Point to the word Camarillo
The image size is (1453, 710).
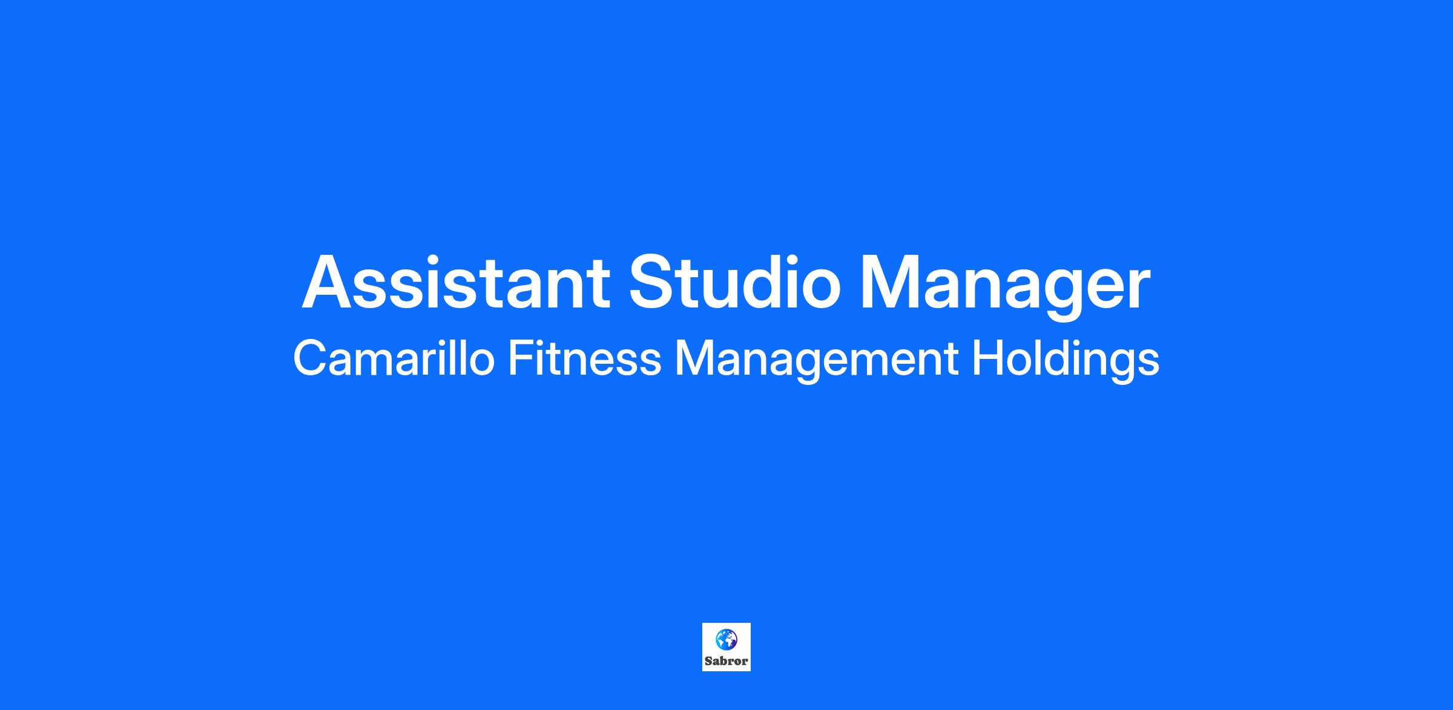click(x=394, y=358)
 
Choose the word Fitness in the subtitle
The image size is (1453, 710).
click(x=585, y=358)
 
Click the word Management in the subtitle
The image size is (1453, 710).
click(x=817, y=361)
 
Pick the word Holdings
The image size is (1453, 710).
click(x=1066, y=361)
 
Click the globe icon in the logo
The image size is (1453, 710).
click(x=726, y=639)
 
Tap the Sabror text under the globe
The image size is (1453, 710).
click(x=726, y=661)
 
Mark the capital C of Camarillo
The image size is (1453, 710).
click(x=311, y=359)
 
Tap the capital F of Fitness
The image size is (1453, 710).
click(x=521, y=359)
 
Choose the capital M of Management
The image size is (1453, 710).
click(x=694, y=359)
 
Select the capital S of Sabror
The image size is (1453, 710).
click(x=708, y=661)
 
